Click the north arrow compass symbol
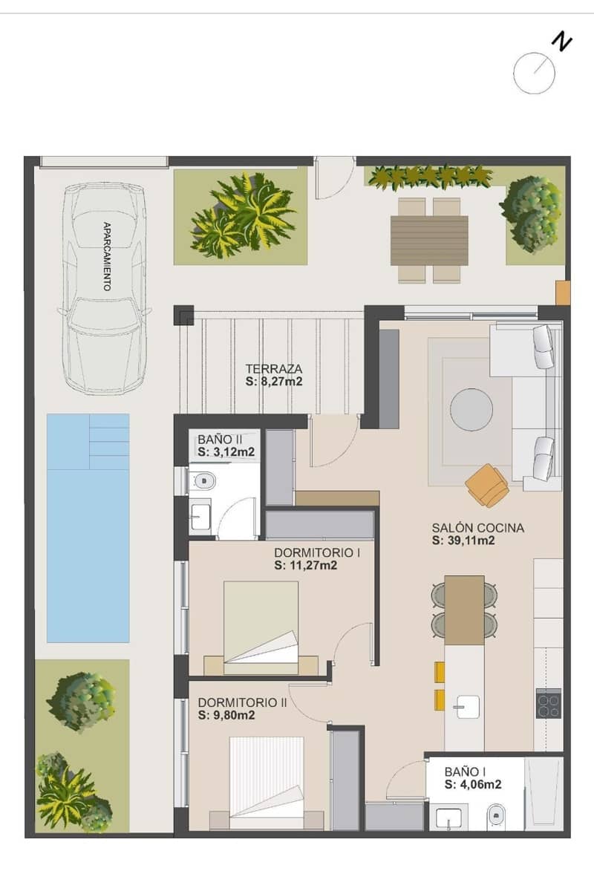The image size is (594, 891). (x=535, y=73)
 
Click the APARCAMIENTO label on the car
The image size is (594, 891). (x=107, y=255)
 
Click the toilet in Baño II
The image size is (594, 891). (x=203, y=481)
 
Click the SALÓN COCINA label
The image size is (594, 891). (x=477, y=528)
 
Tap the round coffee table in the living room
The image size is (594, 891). (x=471, y=409)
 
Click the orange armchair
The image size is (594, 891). (x=488, y=485)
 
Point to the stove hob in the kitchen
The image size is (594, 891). (x=548, y=703)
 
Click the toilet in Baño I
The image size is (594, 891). (x=496, y=818)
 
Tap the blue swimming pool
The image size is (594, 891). (x=88, y=527)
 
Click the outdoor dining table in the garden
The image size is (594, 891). (x=429, y=240)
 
